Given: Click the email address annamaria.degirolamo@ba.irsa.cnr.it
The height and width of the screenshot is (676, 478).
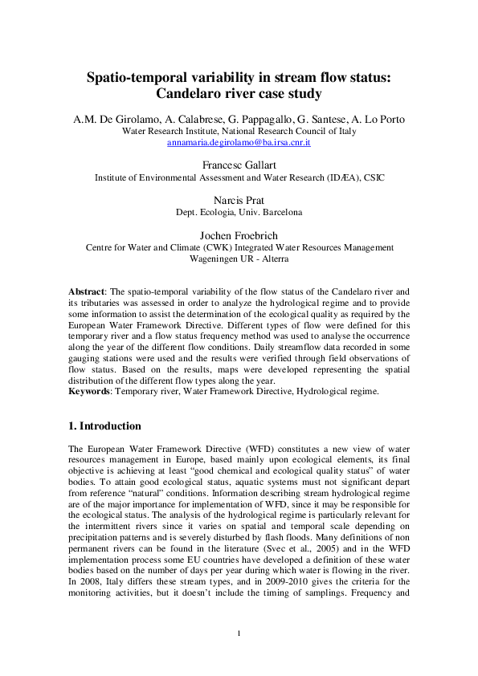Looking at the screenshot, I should pyautogui.click(x=239, y=142).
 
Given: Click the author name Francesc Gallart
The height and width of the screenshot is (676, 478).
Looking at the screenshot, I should pyautogui.click(x=239, y=165).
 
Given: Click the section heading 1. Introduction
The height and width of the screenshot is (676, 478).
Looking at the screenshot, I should pyautogui.click(x=104, y=426).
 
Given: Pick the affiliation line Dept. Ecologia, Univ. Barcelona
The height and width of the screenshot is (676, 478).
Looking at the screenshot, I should pyautogui.click(x=239, y=212).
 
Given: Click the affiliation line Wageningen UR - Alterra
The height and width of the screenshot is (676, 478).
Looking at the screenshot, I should pyautogui.click(x=239, y=259).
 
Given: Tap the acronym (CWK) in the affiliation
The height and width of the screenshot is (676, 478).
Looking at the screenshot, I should pyautogui.click(x=194, y=248).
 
